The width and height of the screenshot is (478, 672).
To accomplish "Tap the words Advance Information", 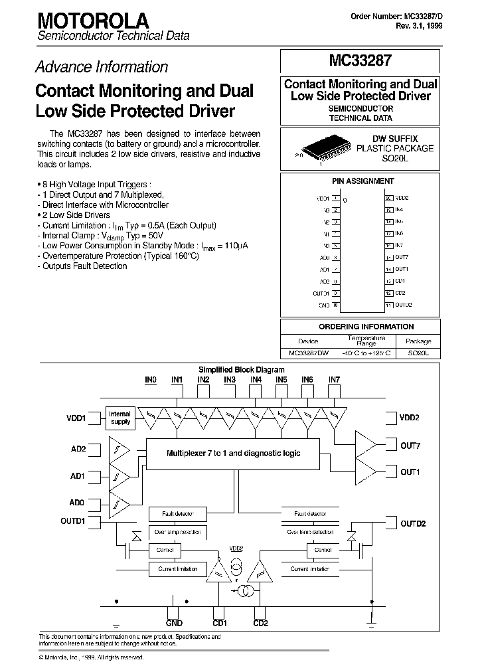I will [101, 67].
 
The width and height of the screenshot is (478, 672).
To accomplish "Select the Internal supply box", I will [120, 418].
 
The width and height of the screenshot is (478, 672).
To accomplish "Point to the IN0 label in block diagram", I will [151, 380].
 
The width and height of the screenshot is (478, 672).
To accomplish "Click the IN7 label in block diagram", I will [334, 380].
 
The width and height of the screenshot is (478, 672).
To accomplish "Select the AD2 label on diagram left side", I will [77, 449].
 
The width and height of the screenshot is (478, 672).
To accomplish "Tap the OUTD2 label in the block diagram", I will [412, 524].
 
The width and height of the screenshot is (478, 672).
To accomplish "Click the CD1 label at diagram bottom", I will [220, 623].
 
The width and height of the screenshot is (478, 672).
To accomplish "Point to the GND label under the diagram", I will [174, 623].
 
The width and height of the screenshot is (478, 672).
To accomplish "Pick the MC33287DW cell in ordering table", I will [308, 354].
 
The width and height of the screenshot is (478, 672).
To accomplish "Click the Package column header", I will [418, 341].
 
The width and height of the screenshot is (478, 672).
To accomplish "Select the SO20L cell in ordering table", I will [418, 354].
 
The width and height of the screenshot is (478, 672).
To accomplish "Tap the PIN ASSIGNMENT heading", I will [362, 181].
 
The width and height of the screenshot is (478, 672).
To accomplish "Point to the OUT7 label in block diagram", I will [410, 446].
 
